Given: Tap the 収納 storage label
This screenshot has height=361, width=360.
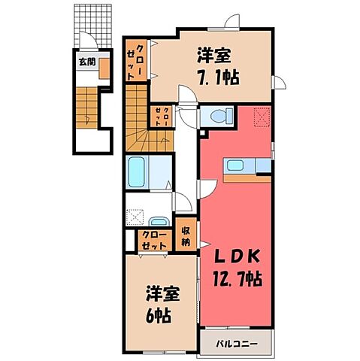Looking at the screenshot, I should [185, 236].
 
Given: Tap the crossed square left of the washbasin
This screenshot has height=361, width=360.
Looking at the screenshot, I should [135, 218].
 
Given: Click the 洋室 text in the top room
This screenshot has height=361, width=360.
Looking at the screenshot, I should [213, 56].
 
